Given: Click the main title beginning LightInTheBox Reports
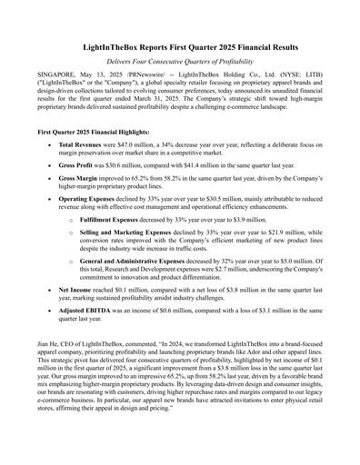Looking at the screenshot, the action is (x=179, y=46).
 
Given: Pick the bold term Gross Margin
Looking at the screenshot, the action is (x=80, y=207).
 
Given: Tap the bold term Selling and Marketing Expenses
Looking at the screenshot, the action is (x=136, y=272).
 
